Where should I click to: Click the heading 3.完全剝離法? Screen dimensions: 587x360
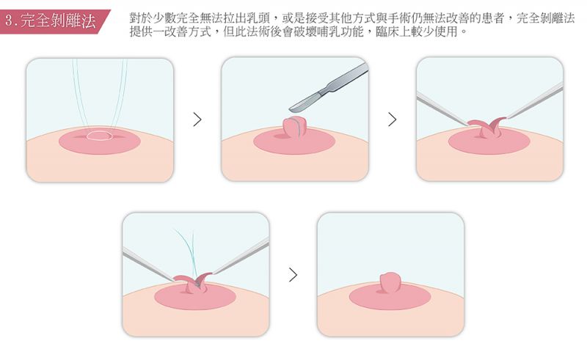[x=51, y=21]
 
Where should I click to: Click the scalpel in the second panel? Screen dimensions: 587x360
[x=329, y=88]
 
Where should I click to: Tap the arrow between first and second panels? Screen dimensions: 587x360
[x=197, y=120]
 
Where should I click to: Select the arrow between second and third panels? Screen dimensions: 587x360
[x=392, y=120]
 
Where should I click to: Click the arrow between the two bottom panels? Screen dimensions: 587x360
[x=293, y=275]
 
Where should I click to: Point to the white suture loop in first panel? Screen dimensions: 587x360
[x=99, y=136]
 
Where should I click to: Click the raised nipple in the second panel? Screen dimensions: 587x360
[x=295, y=128]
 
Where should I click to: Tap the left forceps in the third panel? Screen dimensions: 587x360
[x=442, y=109]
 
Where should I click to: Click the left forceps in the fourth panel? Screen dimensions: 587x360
[x=148, y=265]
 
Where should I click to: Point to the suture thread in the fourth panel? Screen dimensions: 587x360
[x=188, y=254]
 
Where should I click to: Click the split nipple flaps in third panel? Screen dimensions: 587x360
[x=486, y=128]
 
